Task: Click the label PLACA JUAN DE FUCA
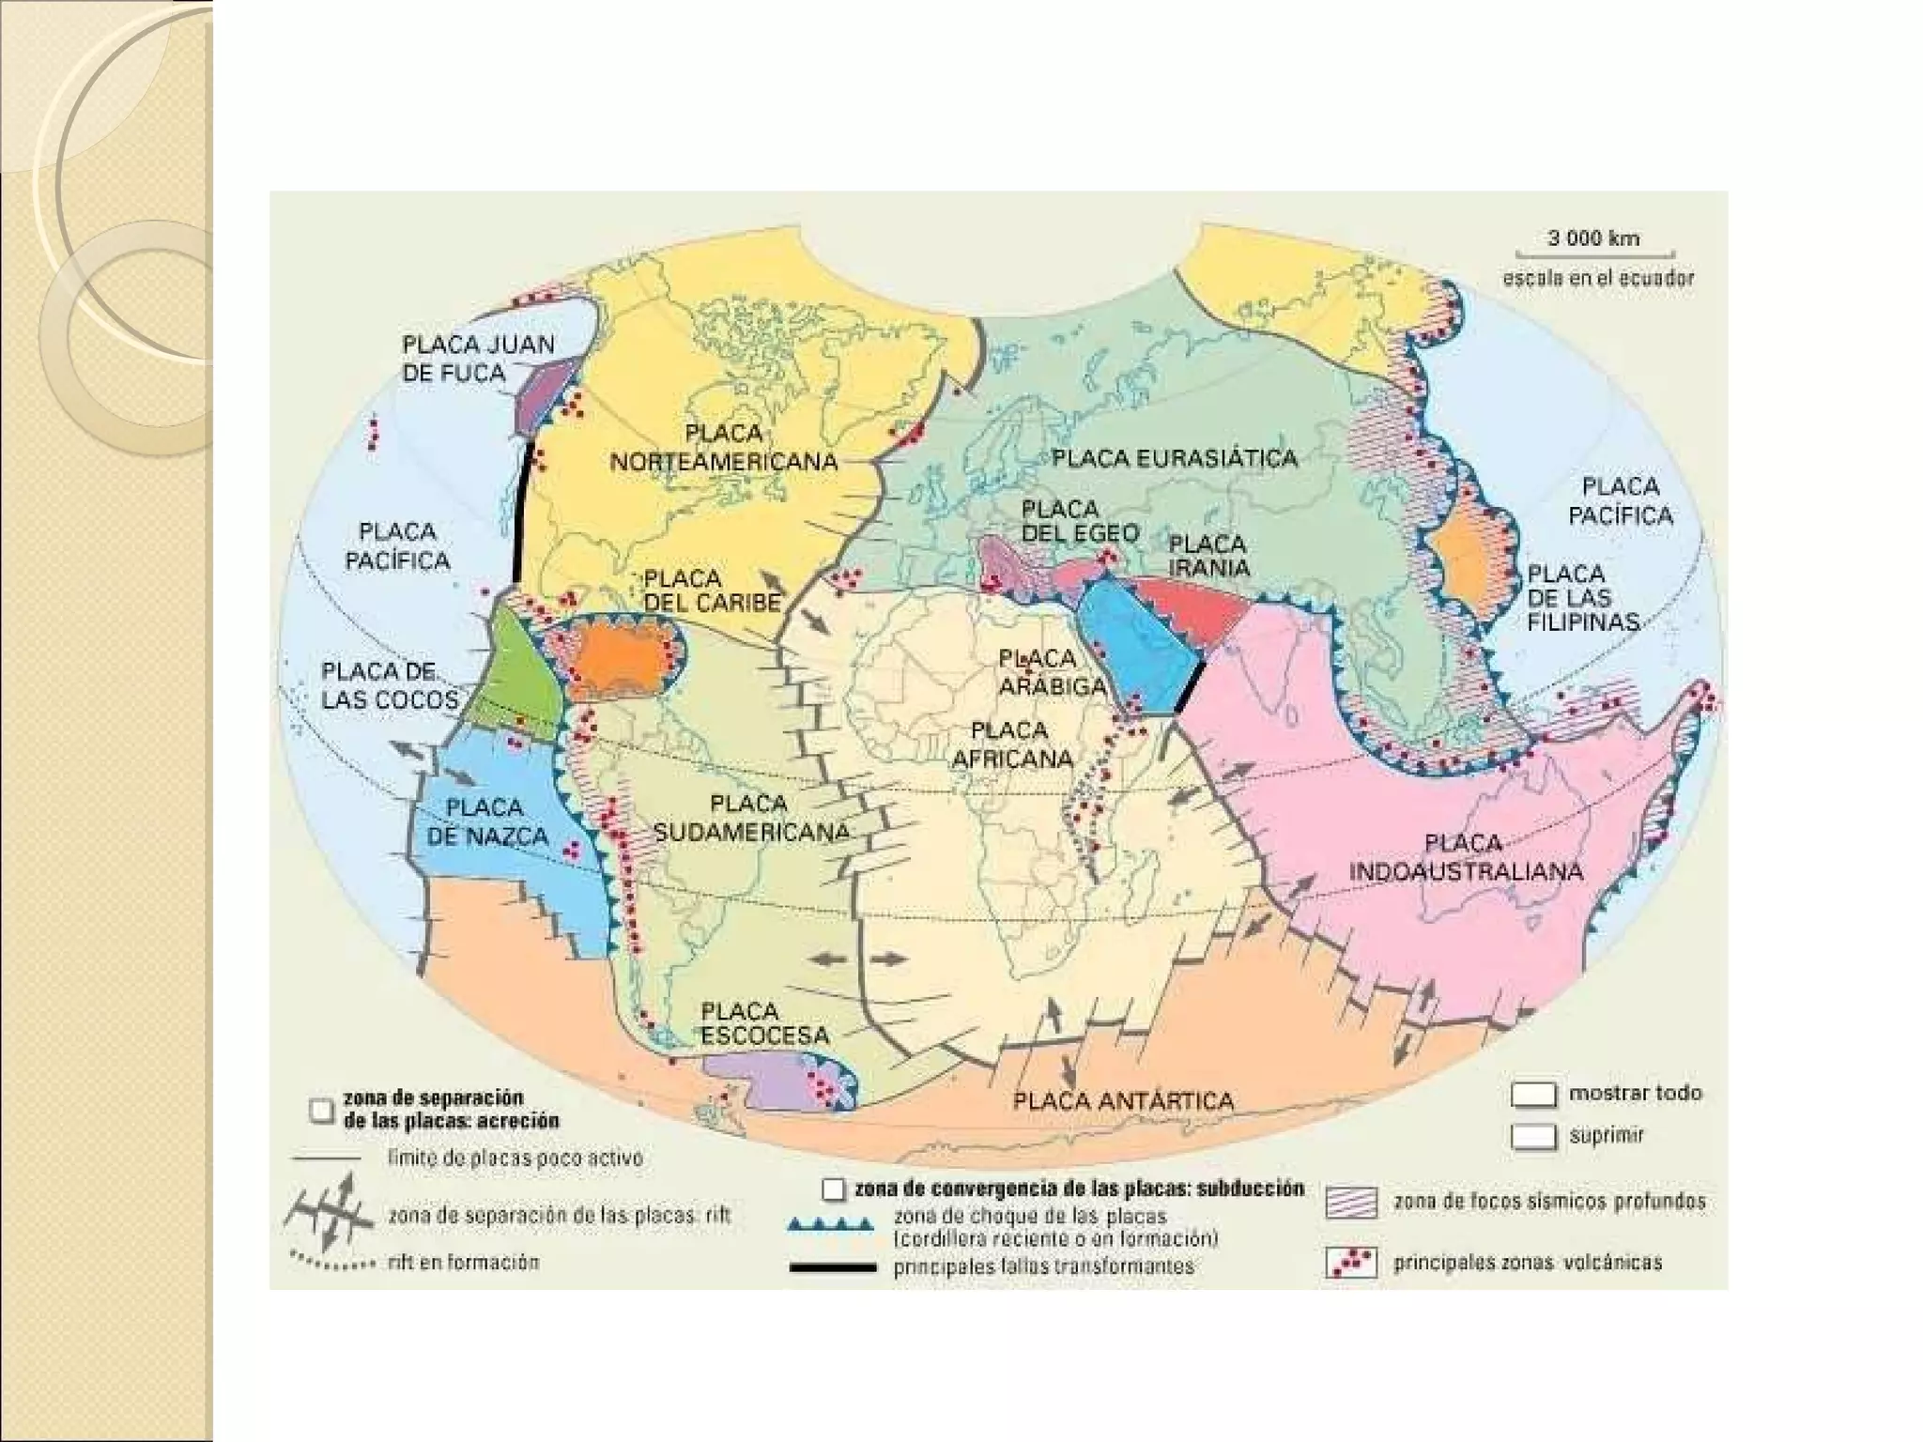pyautogui.click(x=478, y=359)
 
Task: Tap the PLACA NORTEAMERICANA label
pyautogui.click(x=723, y=448)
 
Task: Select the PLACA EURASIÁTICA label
pyautogui.click(x=1174, y=458)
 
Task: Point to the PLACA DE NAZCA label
pyautogui.click(x=486, y=821)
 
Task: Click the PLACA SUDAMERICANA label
pyautogui.click(x=751, y=818)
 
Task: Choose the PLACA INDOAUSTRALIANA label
pyautogui.click(x=1466, y=857)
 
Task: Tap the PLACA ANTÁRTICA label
pyautogui.click(x=1123, y=1100)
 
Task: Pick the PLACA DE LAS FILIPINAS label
pyautogui.click(x=1582, y=597)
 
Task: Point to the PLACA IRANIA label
pyautogui.click(x=1208, y=556)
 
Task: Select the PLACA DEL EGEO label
pyautogui.click(x=1080, y=521)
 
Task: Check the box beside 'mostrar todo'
pyautogui.click(x=1532, y=1095)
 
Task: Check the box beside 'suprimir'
pyautogui.click(x=1532, y=1137)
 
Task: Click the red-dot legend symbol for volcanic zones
pyautogui.click(x=1351, y=1263)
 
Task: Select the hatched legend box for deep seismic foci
pyautogui.click(x=1351, y=1203)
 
